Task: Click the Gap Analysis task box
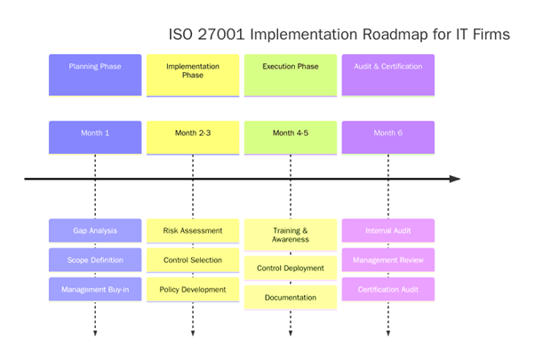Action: pos(95,230)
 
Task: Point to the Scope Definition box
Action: pos(95,260)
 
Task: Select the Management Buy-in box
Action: pos(95,289)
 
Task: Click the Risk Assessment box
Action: pos(193,230)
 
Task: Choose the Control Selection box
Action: pos(193,260)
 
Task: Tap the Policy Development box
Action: pos(193,289)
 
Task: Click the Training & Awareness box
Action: pos(291,234)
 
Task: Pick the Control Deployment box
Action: pos(291,268)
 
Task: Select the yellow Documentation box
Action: pos(291,297)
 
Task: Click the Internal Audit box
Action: pos(388,230)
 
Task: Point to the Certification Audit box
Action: pos(388,289)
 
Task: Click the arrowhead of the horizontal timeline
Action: pos(455,179)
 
